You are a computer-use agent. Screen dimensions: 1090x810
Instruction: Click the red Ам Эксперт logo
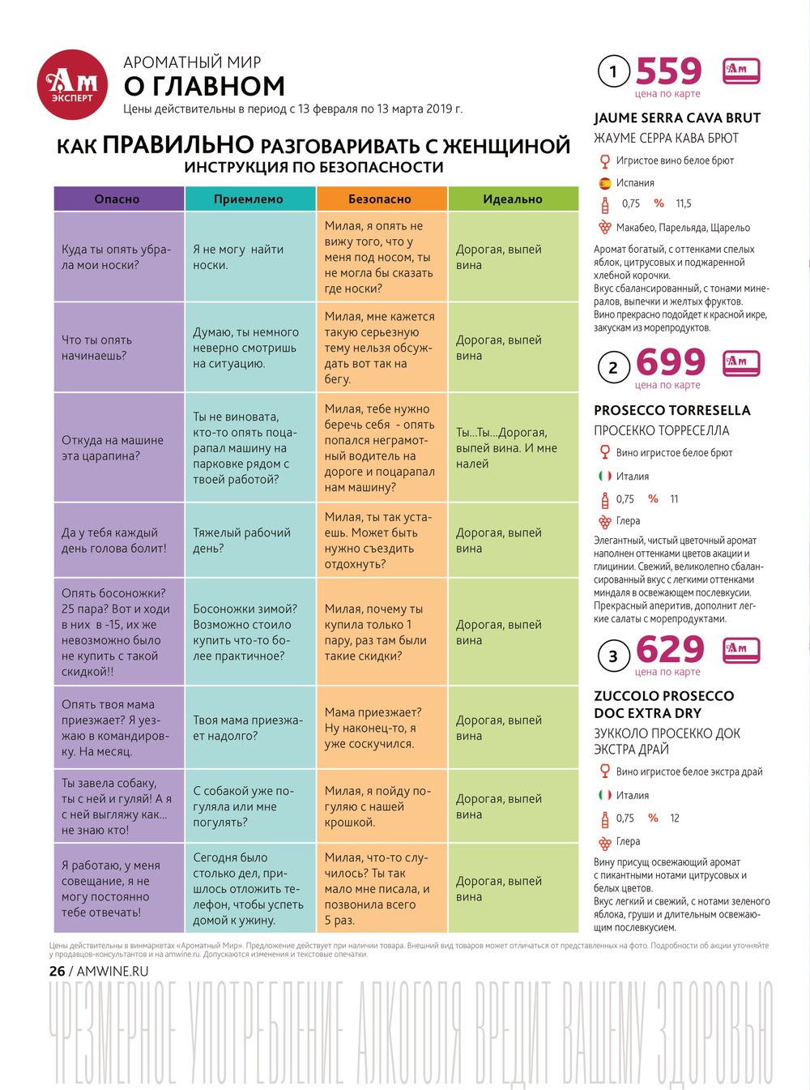pyautogui.click(x=73, y=84)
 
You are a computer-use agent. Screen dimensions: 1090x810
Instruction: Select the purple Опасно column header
pyautogui.click(x=118, y=199)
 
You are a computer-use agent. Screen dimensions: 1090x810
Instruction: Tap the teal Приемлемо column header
pyautogui.click(x=249, y=199)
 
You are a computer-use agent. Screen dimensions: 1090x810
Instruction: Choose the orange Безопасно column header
pyautogui.click(x=381, y=199)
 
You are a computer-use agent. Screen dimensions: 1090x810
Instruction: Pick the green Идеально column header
pyautogui.click(x=513, y=199)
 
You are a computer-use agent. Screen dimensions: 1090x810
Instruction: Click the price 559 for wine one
pyautogui.click(x=668, y=71)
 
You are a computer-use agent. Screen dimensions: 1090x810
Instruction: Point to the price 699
pyautogui.click(x=670, y=362)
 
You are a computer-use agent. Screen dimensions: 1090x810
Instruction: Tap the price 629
pyautogui.click(x=670, y=649)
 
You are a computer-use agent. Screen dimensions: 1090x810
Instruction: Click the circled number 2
pyautogui.click(x=613, y=368)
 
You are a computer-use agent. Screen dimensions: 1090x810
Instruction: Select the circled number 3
pyautogui.click(x=613, y=656)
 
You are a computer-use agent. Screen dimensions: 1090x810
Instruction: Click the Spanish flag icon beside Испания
pyautogui.click(x=604, y=183)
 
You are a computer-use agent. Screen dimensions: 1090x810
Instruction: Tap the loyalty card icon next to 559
pyautogui.click(x=740, y=71)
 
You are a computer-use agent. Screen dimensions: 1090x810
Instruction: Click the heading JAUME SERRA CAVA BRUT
pyautogui.click(x=677, y=118)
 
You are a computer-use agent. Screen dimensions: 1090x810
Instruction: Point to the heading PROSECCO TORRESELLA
pyautogui.click(x=672, y=410)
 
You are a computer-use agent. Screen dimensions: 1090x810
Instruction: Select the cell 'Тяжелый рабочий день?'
pyautogui.click(x=249, y=541)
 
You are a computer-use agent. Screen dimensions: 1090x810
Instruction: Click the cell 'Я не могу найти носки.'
pyautogui.click(x=249, y=257)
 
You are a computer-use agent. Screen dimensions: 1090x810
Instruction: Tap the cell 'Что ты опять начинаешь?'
pyautogui.click(x=118, y=348)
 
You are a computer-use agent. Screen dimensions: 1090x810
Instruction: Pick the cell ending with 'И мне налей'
pyautogui.click(x=513, y=448)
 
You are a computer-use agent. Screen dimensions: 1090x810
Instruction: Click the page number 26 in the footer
pyautogui.click(x=57, y=971)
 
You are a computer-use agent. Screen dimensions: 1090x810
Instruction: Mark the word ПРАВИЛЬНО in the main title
pyautogui.click(x=178, y=144)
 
